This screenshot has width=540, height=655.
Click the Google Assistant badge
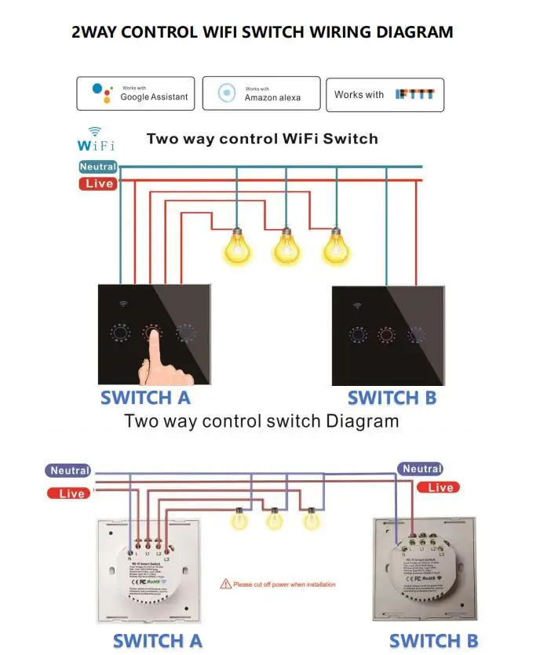(x=136, y=93)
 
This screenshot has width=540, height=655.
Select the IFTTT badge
(x=385, y=94)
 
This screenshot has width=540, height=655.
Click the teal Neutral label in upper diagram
(x=98, y=166)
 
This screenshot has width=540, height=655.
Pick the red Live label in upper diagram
(x=98, y=184)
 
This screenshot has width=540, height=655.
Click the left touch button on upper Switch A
(x=119, y=333)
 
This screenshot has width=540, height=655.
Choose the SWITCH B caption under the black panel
(x=392, y=398)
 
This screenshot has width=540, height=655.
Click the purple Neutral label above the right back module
(x=422, y=469)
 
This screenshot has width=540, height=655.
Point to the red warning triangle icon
(x=226, y=584)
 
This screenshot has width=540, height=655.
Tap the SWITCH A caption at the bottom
(x=157, y=640)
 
